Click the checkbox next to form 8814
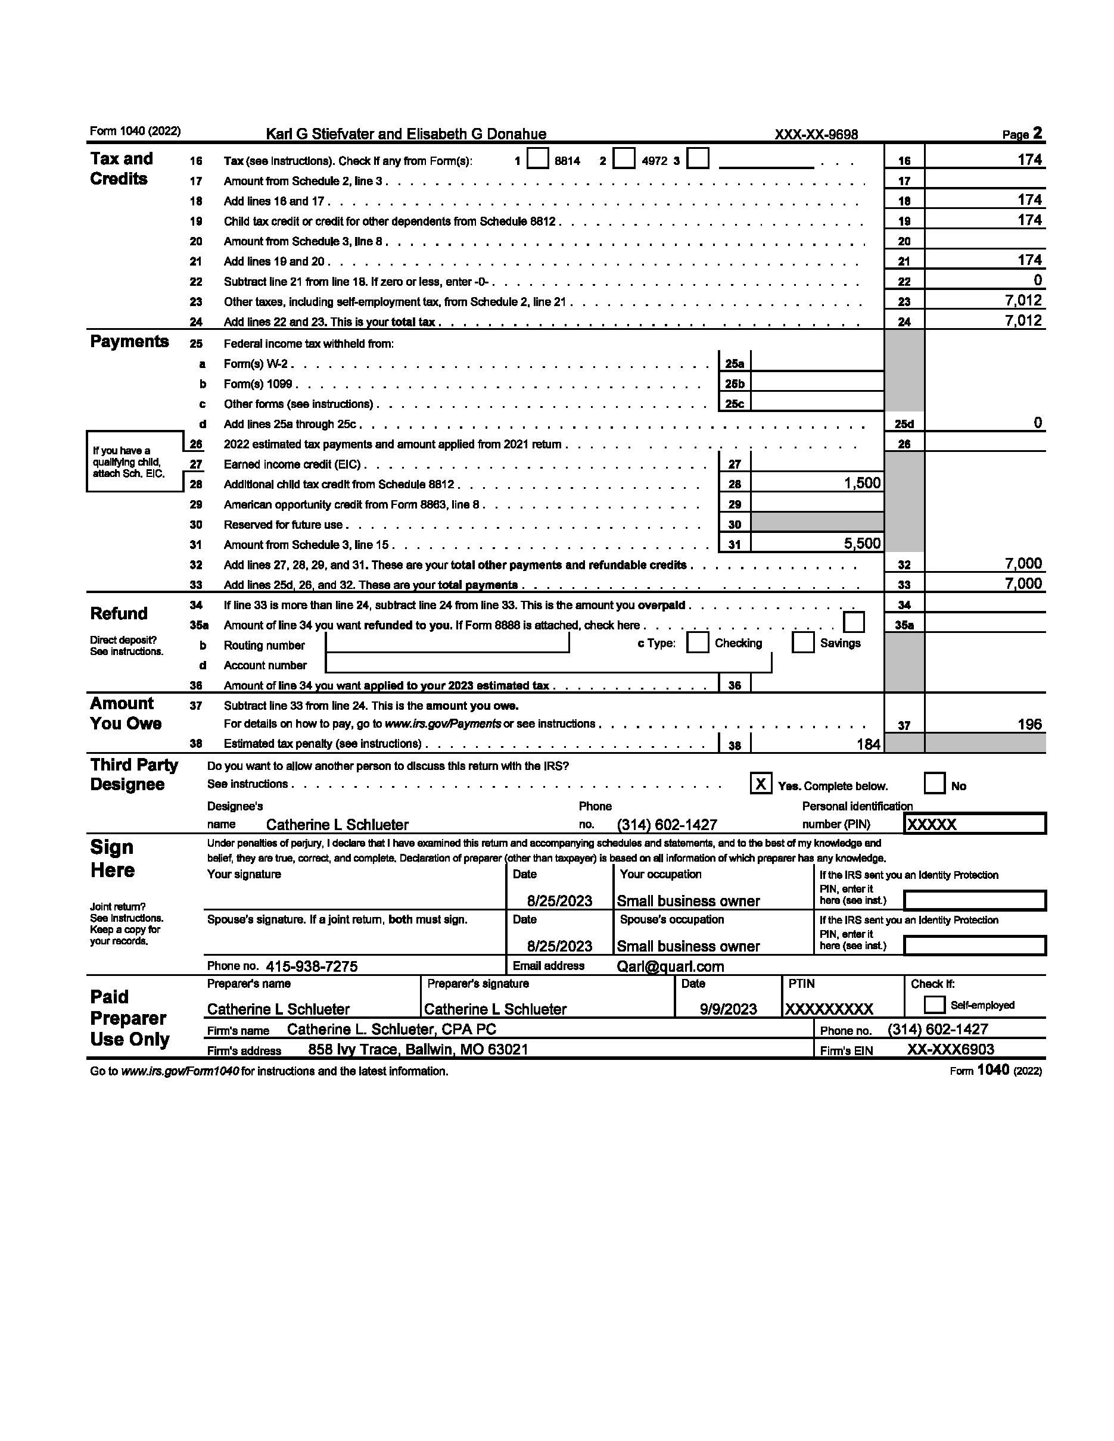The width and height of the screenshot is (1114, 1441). tap(538, 159)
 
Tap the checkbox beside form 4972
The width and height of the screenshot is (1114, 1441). tap(624, 159)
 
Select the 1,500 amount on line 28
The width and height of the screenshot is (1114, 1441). tap(862, 483)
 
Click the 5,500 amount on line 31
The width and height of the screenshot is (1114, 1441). tap(862, 544)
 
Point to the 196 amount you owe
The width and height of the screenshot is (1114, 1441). tap(1029, 724)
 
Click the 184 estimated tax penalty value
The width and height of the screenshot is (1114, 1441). tap(868, 744)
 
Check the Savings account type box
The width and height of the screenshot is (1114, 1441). tap(803, 642)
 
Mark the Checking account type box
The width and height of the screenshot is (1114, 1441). tap(698, 642)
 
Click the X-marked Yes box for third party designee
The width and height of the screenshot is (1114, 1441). tap(761, 784)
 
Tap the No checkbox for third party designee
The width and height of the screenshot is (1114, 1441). tap(935, 784)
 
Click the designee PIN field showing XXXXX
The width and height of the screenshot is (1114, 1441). tap(974, 824)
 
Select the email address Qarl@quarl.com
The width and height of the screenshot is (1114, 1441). tap(670, 966)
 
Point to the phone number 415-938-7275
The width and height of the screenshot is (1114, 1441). tap(312, 966)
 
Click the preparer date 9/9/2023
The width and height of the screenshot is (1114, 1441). tap(728, 1009)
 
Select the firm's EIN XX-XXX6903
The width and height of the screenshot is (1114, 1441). tap(950, 1049)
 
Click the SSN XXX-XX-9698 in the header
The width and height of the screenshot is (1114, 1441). tap(816, 135)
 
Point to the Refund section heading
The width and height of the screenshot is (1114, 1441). tap(119, 613)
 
